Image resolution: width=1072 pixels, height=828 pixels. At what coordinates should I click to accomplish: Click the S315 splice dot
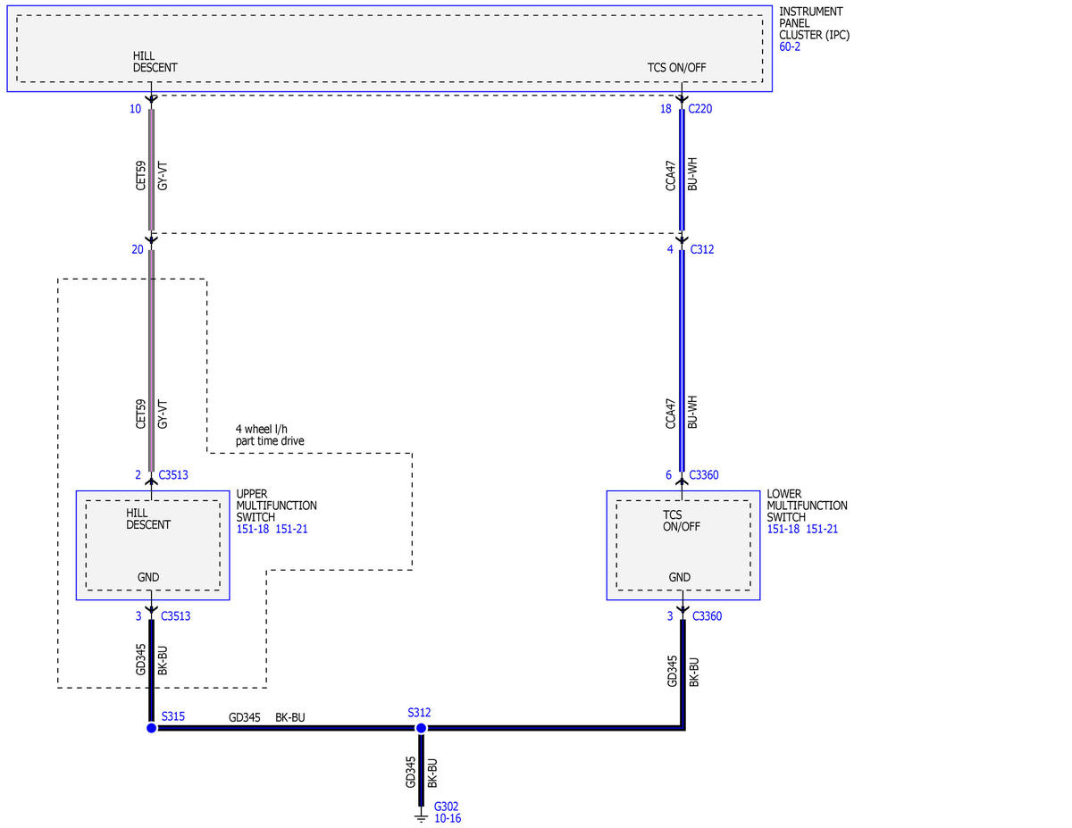pyautogui.click(x=152, y=728)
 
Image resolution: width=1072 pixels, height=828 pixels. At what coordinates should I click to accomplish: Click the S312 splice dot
pyautogui.click(x=421, y=728)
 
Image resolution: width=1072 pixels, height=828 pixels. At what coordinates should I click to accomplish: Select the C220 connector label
pyautogui.click(x=700, y=108)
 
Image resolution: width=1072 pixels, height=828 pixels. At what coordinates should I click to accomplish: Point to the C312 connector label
pyautogui.click(x=701, y=249)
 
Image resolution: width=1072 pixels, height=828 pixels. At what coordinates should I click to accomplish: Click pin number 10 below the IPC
pyautogui.click(x=135, y=108)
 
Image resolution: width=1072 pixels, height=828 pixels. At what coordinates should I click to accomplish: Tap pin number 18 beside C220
pyautogui.click(x=666, y=108)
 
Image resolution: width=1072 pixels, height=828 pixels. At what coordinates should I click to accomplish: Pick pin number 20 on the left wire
pyautogui.click(x=138, y=249)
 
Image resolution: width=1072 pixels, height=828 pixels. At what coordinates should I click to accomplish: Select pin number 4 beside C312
pyautogui.click(x=670, y=249)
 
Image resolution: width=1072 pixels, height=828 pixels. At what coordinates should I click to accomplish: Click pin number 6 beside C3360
pyautogui.click(x=668, y=474)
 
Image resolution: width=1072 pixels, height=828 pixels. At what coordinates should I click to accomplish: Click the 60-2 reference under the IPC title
pyautogui.click(x=790, y=46)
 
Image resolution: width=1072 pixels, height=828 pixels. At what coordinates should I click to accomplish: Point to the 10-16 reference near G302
pyautogui.click(x=448, y=818)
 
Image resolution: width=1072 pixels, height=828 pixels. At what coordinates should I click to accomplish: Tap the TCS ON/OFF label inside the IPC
pyautogui.click(x=676, y=67)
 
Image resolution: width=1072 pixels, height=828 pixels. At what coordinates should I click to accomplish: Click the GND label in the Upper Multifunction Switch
pyautogui.click(x=148, y=577)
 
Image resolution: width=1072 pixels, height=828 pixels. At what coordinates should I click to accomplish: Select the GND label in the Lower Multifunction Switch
pyautogui.click(x=679, y=577)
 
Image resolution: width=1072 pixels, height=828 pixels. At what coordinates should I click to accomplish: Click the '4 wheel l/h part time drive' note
pyautogui.click(x=270, y=434)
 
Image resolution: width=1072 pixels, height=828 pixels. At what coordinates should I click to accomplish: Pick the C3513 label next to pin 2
pyautogui.click(x=173, y=474)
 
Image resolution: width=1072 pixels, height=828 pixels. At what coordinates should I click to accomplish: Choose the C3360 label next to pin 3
pyautogui.click(x=707, y=615)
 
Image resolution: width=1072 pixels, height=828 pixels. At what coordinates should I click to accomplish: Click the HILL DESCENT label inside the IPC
pyautogui.click(x=155, y=62)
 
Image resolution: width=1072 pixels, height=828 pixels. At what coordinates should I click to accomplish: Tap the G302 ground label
pyautogui.click(x=446, y=807)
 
